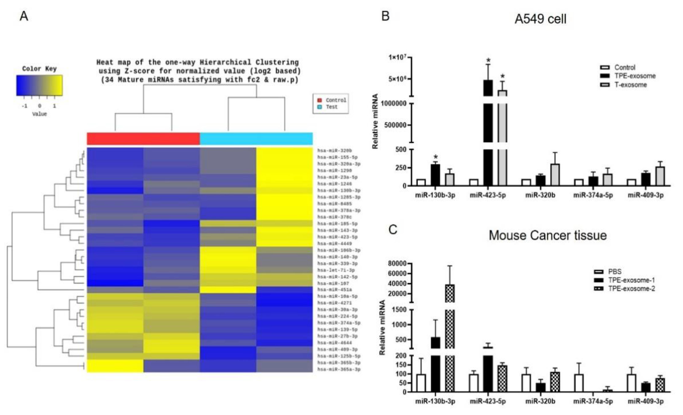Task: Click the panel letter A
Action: (x=24, y=16)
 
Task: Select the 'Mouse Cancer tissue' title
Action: (x=547, y=235)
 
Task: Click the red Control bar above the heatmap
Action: (x=143, y=139)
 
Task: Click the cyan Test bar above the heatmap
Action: (x=256, y=139)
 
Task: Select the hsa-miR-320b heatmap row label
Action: (x=335, y=151)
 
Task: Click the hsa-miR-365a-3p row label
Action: (x=339, y=369)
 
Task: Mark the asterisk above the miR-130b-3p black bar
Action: (x=435, y=157)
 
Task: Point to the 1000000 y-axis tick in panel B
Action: (x=394, y=104)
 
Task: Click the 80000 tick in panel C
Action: (x=397, y=263)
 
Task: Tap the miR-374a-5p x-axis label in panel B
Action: (x=593, y=195)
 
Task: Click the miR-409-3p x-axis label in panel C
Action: (x=645, y=401)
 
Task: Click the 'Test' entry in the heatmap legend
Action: (x=331, y=107)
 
